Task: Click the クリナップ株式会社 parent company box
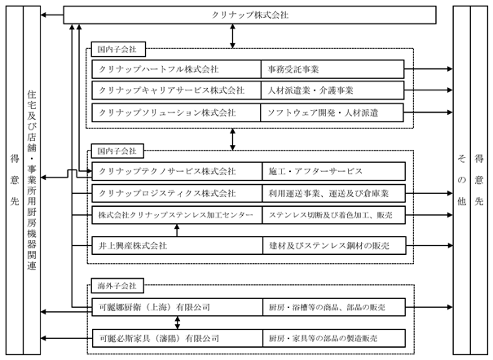click(249, 15)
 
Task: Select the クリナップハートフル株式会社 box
click(176, 69)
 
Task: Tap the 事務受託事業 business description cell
click(332, 69)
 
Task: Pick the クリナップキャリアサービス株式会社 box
click(176, 90)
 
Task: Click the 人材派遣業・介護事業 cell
click(332, 90)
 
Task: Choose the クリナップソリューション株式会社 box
click(176, 112)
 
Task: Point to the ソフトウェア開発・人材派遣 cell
click(332, 112)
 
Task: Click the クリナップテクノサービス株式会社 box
click(177, 171)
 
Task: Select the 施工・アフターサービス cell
click(333, 171)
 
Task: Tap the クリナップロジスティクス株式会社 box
click(177, 193)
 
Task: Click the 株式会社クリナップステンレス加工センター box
click(177, 215)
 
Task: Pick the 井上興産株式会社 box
click(178, 245)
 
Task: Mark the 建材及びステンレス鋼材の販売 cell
click(334, 245)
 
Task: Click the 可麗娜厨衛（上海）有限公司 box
click(178, 307)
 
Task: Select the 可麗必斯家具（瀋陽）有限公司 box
click(178, 338)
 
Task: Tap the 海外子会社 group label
click(117, 286)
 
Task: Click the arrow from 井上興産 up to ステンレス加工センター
click(177, 230)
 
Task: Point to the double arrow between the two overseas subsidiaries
click(178, 323)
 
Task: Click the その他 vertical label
click(461, 180)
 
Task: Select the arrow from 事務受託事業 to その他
click(429, 68)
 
